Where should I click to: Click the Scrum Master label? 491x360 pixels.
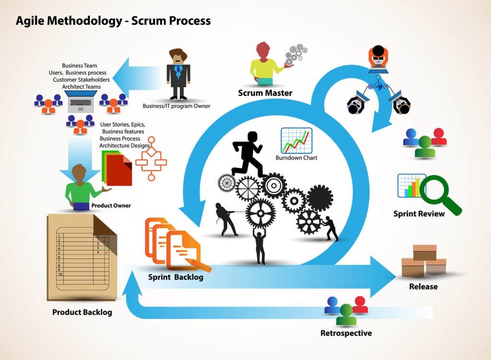coord(265,93)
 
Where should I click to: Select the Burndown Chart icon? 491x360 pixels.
coord(296,140)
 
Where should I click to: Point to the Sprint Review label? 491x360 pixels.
coord(419,214)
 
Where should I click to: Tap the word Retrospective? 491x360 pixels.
coord(346,333)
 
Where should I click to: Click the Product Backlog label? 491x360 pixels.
coord(82,313)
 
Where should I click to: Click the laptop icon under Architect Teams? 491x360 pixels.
coord(82,99)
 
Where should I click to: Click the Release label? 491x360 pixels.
coord(423,287)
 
